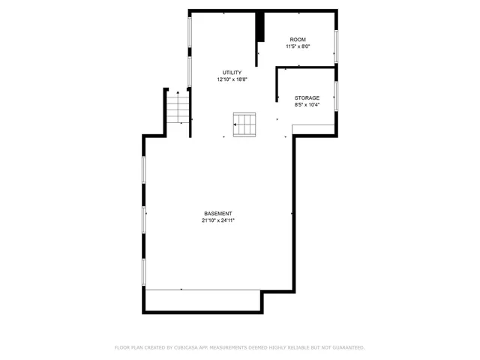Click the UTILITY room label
click(x=232, y=72)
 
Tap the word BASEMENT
click(x=217, y=213)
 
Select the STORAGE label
click(x=307, y=98)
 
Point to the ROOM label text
click(x=298, y=39)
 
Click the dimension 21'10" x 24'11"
click(x=217, y=220)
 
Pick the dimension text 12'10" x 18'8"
click(x=232, y=79)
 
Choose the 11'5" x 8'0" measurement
click(x=298, y=46)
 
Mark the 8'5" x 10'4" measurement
click(x=307, y=105)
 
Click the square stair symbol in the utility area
click(x=244, y=124)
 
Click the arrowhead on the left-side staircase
click(x=178, y=91)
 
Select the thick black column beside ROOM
click(x=260, y=28)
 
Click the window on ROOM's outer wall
click(x=337, y=46)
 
